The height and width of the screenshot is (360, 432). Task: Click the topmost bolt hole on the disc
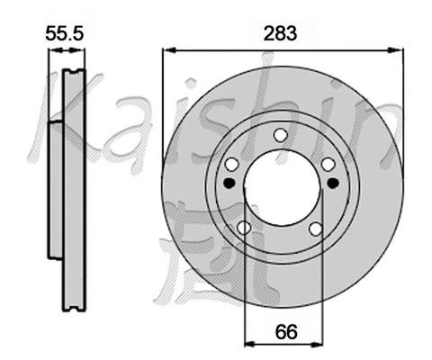(280, 135)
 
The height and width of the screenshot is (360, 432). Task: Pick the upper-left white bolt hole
(231, 164)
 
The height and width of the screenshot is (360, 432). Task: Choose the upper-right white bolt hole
(328, 163)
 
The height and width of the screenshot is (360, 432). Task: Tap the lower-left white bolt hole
(244, 228)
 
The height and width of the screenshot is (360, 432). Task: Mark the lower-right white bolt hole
(316, 228)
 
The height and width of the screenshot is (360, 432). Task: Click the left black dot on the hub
(229, 183)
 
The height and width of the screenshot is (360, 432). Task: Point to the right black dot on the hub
(333, 183)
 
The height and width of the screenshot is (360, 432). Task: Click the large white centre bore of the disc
(281, 188)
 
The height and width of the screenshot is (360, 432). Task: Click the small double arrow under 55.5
(67, 51)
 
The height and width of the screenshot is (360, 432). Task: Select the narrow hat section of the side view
(55, 189)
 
